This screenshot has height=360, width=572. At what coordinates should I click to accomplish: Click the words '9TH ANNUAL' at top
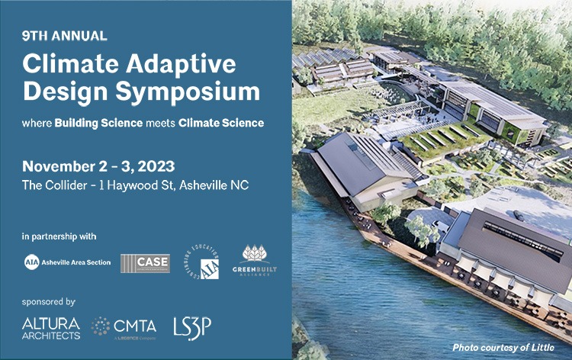coord(65,36)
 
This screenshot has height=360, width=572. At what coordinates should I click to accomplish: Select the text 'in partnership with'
coord(59,236)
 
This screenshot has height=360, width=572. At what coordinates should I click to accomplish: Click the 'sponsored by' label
coord(50,301)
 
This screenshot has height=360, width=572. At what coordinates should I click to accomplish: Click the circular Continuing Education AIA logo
coord(205,262)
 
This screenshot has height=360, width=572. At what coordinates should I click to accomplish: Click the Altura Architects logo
coord(51,329)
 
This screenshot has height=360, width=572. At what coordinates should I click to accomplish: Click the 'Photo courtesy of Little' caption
coord(505,348)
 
